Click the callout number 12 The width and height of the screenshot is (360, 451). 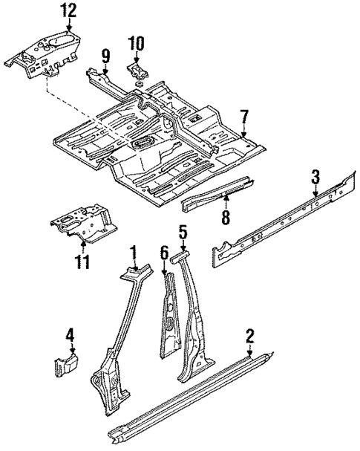[68, 10]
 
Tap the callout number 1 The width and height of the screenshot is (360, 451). [134, 252]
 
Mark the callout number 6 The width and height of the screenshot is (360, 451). [164, 255]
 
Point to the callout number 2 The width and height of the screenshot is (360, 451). [249, 337]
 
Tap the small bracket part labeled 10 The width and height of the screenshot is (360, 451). [137, 71]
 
